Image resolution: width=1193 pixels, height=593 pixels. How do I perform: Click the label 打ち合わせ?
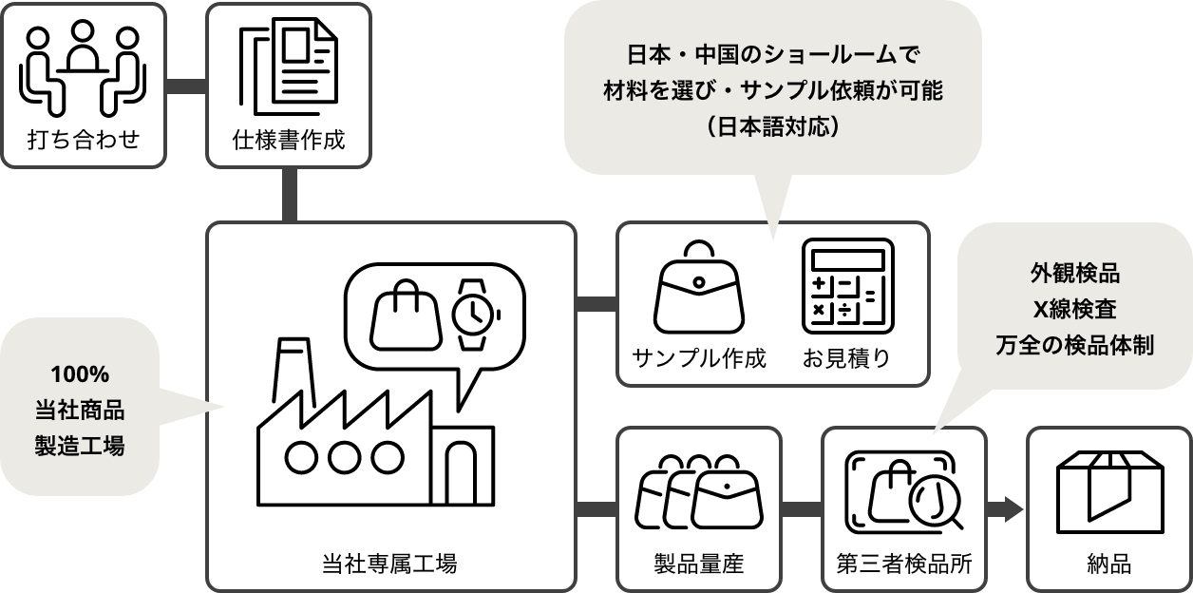tap(83, 141)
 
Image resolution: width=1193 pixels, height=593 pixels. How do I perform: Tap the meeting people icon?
tap(83, 66)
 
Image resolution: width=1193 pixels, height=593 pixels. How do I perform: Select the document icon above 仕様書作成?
tap(289, 67)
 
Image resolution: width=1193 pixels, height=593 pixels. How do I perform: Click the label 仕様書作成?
tap(289, 141)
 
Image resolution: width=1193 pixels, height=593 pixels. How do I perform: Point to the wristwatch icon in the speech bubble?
tap(473, 313)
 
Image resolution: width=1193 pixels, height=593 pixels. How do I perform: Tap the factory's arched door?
tap(462, 470)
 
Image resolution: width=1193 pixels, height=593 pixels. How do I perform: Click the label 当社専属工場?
tap(390, 564)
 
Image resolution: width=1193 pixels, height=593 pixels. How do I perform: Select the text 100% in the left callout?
tap(80, 373)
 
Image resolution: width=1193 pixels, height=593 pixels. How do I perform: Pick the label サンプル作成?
tap(699, 358)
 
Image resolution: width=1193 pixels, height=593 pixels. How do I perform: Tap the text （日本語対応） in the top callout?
tap(771, 125)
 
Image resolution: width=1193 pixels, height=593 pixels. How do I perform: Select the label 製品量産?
tap(699, 564)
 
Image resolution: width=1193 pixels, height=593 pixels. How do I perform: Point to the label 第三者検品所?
tap(904, 564)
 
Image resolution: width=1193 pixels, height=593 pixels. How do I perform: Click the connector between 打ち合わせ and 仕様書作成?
tap(186, 86)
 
